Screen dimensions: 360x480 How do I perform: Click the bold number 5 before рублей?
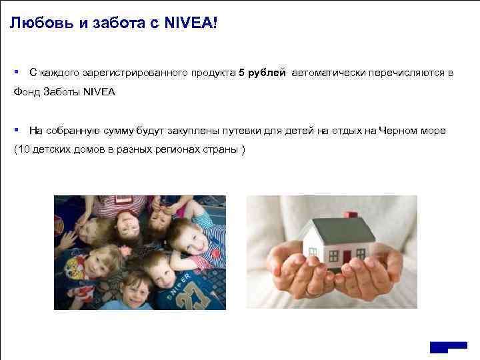pyautogui.click(x=242, y=72)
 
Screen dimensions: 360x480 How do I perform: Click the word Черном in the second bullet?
pyautogui.click(x=399, y=130)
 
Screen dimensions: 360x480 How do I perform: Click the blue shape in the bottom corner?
pyautogui.click(x=448, y=348)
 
